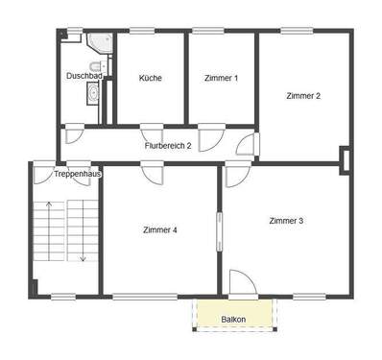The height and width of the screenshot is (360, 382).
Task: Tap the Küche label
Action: (x=150, y=78)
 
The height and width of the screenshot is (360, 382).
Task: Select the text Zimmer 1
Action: (x=221, y=78)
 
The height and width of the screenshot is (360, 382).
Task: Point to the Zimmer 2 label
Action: (x=302, y=95)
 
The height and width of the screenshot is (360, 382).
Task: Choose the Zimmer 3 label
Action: (x=286, y=221)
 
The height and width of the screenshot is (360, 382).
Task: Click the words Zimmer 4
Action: (x=159, y=229)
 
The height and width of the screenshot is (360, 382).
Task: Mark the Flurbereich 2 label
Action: (x=168, y=145)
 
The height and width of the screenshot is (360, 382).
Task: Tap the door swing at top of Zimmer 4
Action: (x=152, y=173)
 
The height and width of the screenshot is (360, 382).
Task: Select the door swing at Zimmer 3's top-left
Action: (x=235, y=173)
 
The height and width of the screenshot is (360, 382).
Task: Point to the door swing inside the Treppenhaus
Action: (x=44, y=173)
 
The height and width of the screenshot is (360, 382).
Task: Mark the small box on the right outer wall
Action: (x=346, y=156)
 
